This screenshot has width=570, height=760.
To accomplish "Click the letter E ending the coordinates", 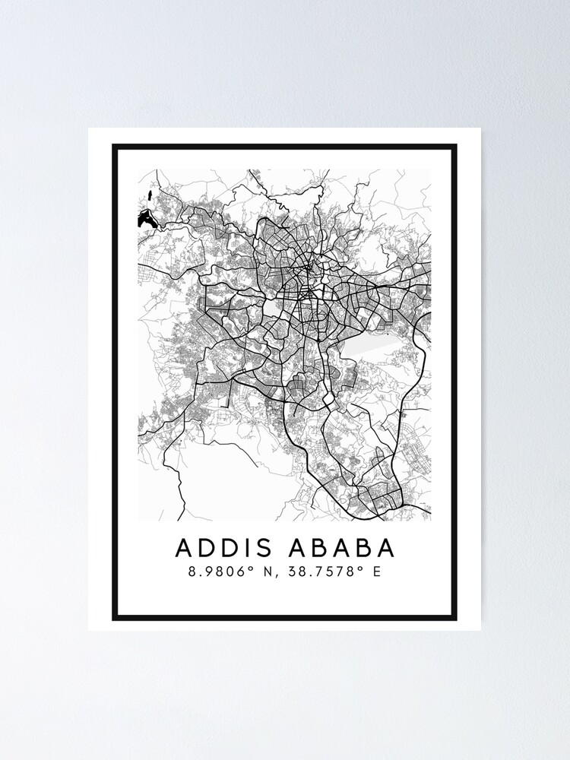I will coord(376,572).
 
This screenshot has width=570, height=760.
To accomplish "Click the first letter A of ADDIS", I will coord(184,548).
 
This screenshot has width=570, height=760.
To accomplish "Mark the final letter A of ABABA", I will coord(385,548).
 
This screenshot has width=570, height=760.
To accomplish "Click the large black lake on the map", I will coord(145,220).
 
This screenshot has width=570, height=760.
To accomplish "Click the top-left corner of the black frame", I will coord(115,146).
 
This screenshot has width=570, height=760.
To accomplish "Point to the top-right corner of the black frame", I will coord(455,146).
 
